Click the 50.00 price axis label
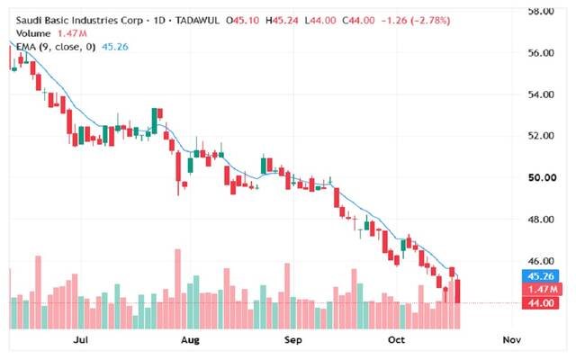(542, 178)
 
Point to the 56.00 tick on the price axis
(541, 53)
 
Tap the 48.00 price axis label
(541, 220)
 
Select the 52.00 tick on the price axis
(541, 136)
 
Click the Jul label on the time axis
(80, 340)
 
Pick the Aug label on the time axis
(190, 340)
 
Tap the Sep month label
(292, 340)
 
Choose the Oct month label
(396, 340)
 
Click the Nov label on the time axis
(511, 340)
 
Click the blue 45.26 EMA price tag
(540, 276)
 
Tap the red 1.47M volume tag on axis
(542, 290)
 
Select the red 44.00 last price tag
(540, 303)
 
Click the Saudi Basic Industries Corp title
(79, 20)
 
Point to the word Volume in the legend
(33, 33)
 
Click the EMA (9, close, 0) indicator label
(56, 47)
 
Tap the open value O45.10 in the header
(243, 20)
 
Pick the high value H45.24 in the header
(282, 20)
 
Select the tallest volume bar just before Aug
(178, 289)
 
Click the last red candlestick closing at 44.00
(458, 292)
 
